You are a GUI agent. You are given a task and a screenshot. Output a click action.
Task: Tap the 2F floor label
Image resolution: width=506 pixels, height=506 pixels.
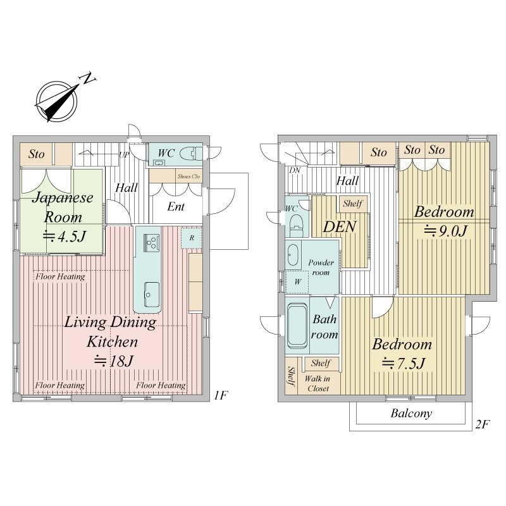tap(483, 424)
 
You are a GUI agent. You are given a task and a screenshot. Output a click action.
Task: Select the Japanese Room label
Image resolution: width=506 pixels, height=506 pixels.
tap(63, 207)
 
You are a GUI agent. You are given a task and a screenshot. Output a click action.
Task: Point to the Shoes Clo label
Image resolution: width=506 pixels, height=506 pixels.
tap(188, 176)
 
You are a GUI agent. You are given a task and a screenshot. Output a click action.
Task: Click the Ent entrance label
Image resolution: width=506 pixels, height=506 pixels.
tap(176, 207)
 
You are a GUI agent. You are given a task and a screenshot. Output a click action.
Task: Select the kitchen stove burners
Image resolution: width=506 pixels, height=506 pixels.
tap(151, 242)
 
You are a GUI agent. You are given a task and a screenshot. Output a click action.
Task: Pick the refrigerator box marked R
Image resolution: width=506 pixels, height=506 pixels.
tap(192, 238)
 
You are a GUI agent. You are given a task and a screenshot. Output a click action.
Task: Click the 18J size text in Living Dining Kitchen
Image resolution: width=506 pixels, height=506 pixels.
tap(114, 361)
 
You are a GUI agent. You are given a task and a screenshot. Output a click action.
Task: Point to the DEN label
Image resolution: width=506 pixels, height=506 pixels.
tap(340, 226)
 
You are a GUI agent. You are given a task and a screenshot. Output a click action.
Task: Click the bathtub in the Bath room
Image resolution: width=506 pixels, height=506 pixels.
tap(297, 326)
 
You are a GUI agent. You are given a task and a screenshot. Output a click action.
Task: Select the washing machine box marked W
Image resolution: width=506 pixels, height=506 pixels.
tap(297, 281)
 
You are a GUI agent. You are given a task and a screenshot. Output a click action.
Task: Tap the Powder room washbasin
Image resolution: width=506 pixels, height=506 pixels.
tap(293, 255)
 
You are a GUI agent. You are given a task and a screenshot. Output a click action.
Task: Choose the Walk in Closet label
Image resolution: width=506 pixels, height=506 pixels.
tap(318, 383)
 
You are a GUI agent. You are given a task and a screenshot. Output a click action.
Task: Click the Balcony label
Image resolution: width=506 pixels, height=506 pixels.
tap(411, 414)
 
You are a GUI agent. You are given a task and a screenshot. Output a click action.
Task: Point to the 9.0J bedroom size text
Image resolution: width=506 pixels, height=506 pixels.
tap(445, 231)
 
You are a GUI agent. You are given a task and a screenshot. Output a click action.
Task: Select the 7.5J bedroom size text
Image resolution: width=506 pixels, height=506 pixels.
tap(403, 364)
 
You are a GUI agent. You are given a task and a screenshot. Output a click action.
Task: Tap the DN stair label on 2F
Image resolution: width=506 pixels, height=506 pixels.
tap(294, 170)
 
